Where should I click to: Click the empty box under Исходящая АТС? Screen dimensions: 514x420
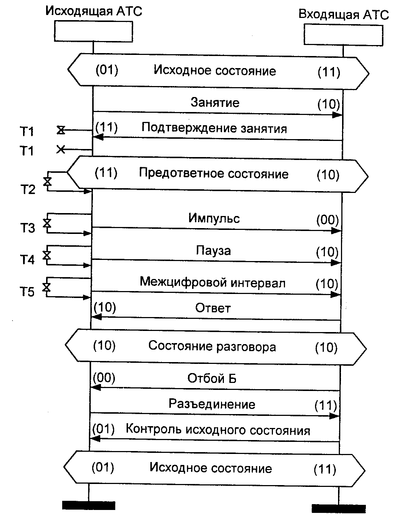point(93,31)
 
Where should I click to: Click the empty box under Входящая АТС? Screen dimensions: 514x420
point(343,35)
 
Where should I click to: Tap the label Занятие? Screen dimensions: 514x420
point(215,102)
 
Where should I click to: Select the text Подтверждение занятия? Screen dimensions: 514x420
point(214,128)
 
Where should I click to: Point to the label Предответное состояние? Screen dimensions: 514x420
point(214,174)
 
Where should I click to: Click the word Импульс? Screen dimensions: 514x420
point(214,218)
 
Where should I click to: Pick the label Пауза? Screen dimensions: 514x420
point(213,251)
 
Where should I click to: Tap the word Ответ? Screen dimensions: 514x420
point(213,308)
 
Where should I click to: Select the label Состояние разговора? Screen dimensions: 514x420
point(212,346)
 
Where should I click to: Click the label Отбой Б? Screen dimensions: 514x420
point(212,378)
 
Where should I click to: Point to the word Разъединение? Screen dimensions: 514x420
point(212,404)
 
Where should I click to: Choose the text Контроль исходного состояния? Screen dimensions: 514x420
point(218,430)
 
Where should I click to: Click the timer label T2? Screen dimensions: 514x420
point(27,190)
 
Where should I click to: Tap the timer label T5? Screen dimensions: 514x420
point(27,292)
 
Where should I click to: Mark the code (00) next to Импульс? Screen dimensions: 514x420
point(327,220)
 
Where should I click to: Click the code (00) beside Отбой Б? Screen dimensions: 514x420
point(104,378)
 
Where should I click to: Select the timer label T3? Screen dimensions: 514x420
point(27,228)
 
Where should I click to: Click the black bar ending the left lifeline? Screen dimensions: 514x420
point(89,505)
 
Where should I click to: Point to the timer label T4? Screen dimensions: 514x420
point(27,260)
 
